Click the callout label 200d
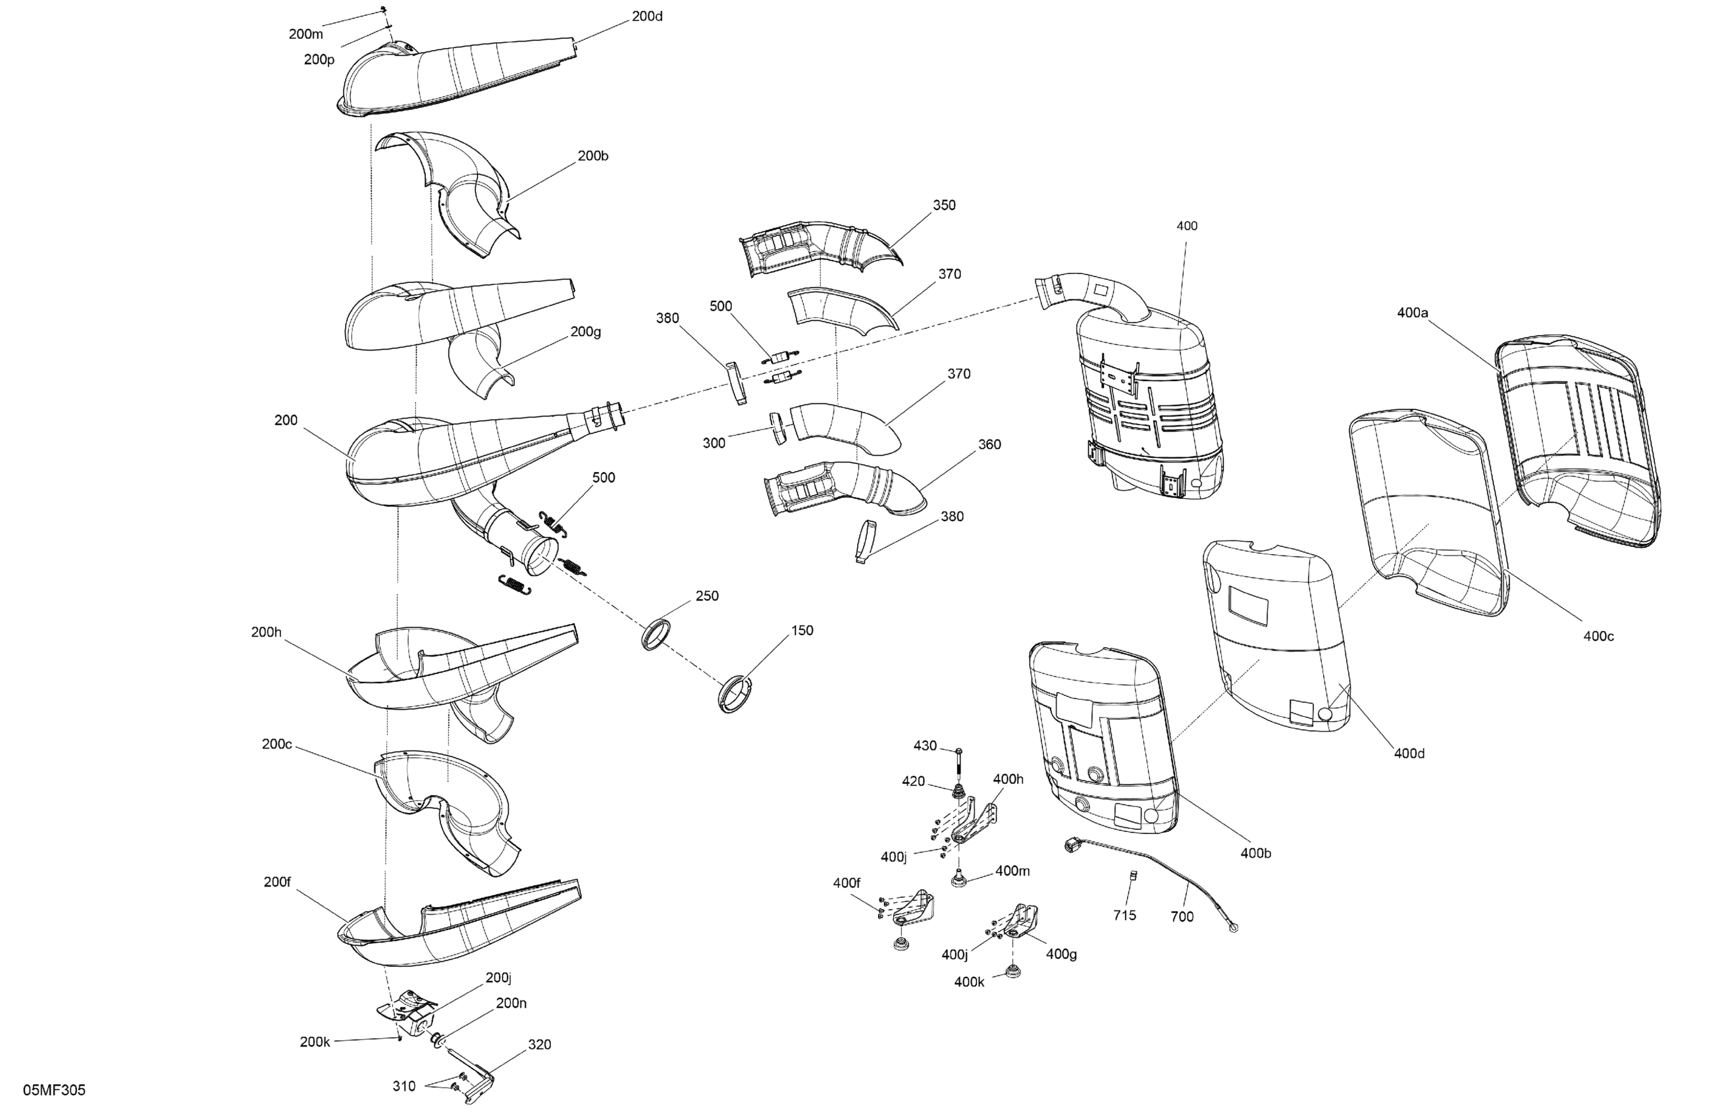pyautogui.click(x=647, y=16)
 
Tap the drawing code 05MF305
pyautogui.click(x=55, y=1090)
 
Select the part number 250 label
pyautogui.click(x=707, y=596)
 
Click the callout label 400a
pyautogui.click(x=1412, y=313)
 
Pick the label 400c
pyautogui.click(x=1598, y=636)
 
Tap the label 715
pyautogui.click(x=1124, y=915)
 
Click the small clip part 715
pyautogui.click(x=1134, y=876)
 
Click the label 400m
pyautogui.click(x=1012, y=870)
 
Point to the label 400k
pyautogui.click(x=969, y=982)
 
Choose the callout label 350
pyautogui.click(x=943, y=205)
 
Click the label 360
pyautogui.click(x=989, y=444)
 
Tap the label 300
pyautogui.click(x=714, y=443)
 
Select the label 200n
pyautogui.click(x=511, y=1003)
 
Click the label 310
pyautogui.click(x=404, y=1085)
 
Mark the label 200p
pyautogui.click(x=319, y=59)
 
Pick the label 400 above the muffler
pyautogui.click(x=1186, y=226)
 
